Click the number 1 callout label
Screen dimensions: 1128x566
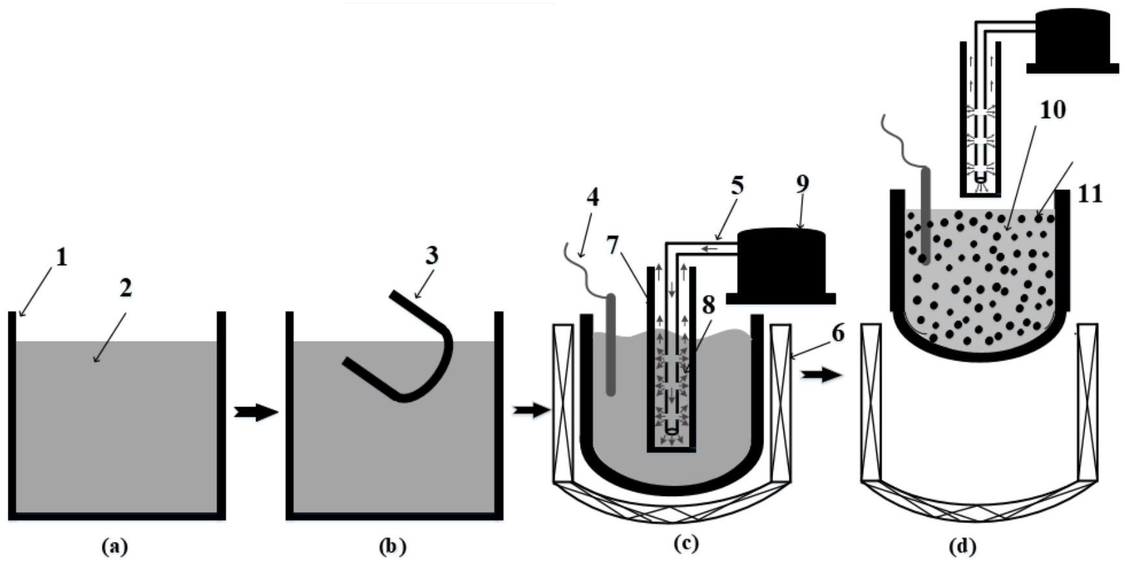coord(61,258)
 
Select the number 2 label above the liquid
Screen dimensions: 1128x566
coord(125,288)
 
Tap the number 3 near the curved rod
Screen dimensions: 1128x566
coord(431,255)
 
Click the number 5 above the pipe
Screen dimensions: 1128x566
coord(736,186)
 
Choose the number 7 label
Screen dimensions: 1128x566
coord(614,246)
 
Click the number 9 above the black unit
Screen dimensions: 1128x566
coord(802,183)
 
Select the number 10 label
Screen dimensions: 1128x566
coord(1052,110)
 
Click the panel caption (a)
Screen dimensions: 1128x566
coord(115,547)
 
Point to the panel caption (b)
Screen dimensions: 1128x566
coord(392,547)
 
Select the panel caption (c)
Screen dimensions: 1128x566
coord(686,543)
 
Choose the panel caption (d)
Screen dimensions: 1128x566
coord(963,547)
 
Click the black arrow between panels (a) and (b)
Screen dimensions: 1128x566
coord(256,412)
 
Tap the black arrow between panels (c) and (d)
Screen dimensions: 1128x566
coord(822,375)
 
